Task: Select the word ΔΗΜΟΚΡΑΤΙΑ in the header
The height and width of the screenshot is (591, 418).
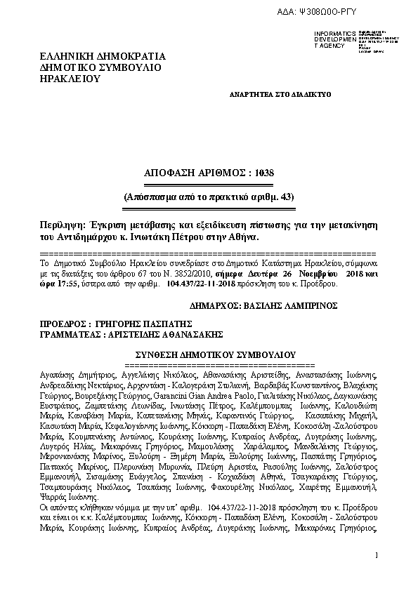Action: coord(129,55)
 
